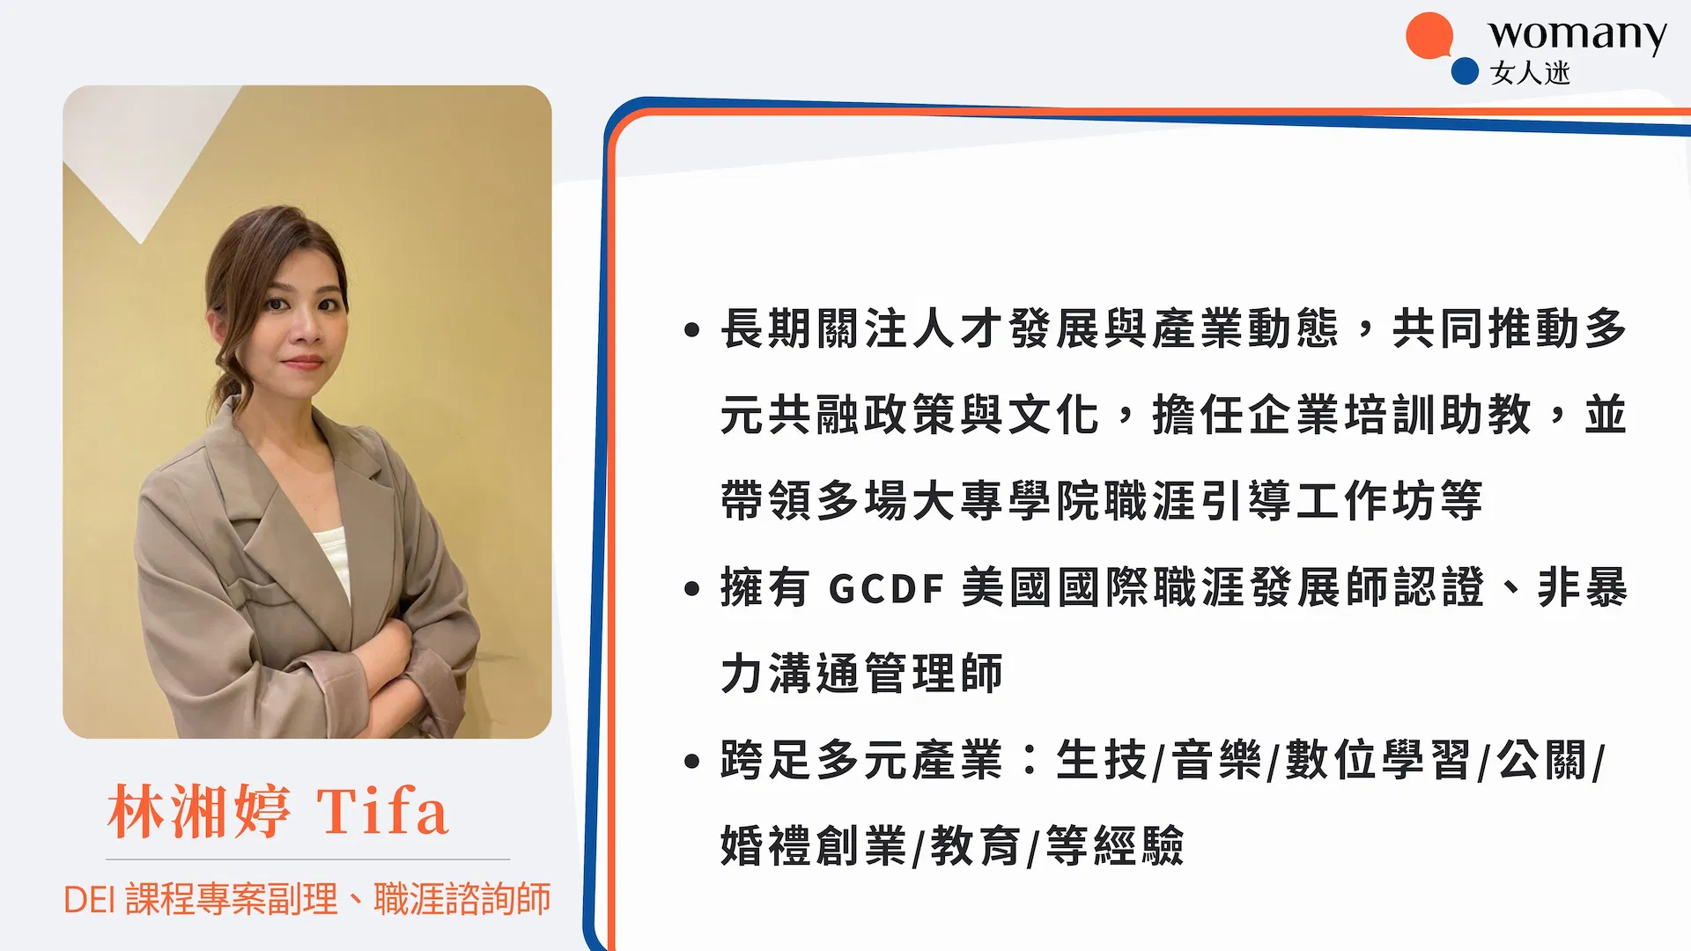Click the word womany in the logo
click(1577, 35)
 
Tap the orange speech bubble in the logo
click(1429, 36)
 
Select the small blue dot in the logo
click(1464, 71)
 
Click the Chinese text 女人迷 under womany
click(1530, 73)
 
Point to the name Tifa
click(382, 811)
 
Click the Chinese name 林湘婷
click(199, 811)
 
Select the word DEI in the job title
click(90, 900)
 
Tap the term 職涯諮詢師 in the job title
click(462, 899)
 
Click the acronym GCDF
click(887, 588)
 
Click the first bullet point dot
click(691, 330)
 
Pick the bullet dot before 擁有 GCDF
click(691, 588)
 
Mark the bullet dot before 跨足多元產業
click(691, 761)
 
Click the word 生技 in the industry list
click(1101, 760)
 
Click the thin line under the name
click(307, 859)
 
